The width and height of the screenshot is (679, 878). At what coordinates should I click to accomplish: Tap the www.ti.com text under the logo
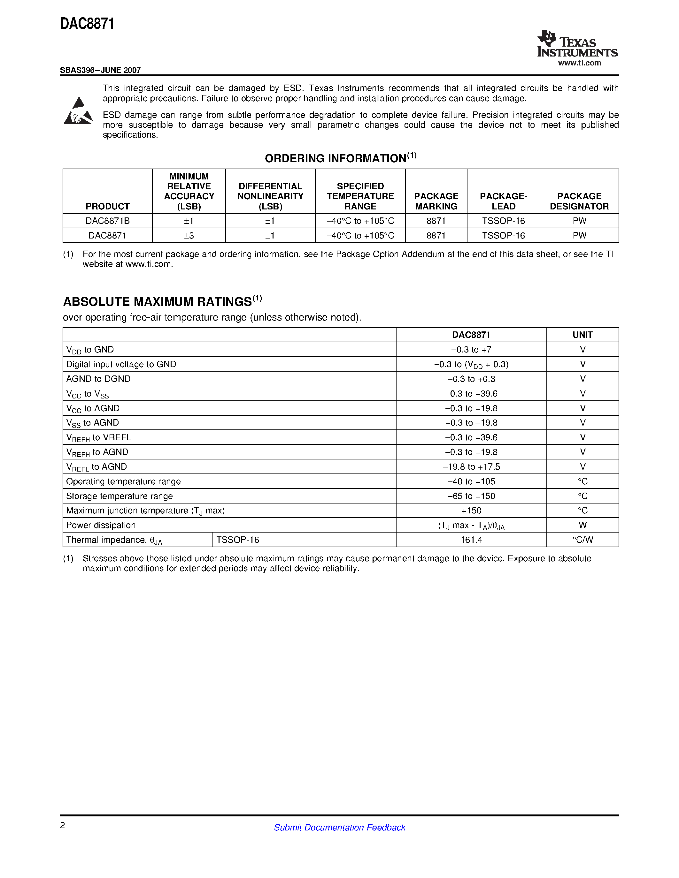click(x=579, y=63)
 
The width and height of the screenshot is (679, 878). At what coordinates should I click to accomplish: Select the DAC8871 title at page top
click(x=87, y=24)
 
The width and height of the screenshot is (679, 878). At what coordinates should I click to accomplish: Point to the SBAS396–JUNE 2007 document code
click(x=100, y=70)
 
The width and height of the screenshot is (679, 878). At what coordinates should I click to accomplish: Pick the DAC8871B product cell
click(x=107, y=221)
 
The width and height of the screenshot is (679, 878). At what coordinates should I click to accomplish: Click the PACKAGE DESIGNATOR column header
click(x=579, y=201)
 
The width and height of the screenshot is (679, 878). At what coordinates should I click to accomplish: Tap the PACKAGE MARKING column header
click(x=436, y=201)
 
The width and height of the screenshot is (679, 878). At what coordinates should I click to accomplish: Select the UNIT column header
click(x=582, y=335)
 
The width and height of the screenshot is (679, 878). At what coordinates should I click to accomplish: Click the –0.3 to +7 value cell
click(x=471, y=350)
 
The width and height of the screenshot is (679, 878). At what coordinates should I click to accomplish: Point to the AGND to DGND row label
click(x=98, y=379)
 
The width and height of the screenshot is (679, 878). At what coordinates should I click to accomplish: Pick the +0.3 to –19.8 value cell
click(x=471, y=423)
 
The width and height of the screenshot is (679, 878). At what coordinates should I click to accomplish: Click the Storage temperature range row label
click(x=120, y=496)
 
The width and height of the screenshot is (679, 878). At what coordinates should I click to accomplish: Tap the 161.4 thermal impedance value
click(x=471, y=540)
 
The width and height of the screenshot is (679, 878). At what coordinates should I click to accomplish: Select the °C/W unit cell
click(x=582, y=540)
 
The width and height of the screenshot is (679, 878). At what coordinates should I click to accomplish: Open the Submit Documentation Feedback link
click(x=339, y=827)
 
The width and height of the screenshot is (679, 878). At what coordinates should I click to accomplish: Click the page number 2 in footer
click(x=62, y=825)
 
